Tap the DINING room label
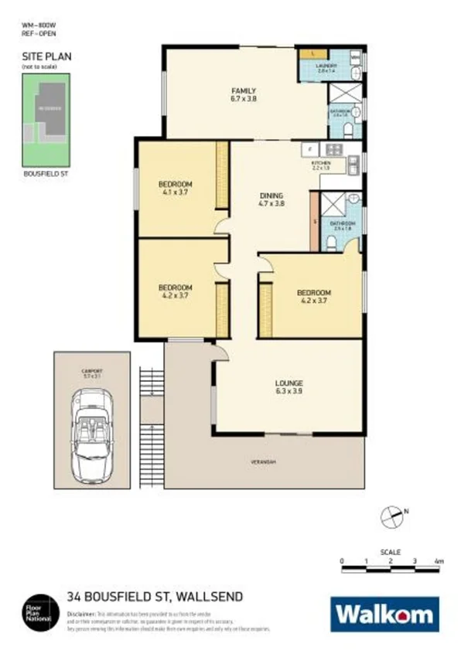pyautogui.click(x=271, y=196)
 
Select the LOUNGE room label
pyautogui.click(x=289, y=383)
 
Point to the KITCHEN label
pyautogui.click(x=320, y=164)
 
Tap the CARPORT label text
pyautogui.click(x=92, y=372)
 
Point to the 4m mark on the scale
pyautogui.click(x=439, y=560)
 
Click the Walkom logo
pyautogui.click(x=385, y=615)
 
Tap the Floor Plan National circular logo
pyautogui.click(x=37, y=608)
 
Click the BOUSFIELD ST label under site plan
pyautogui.click(x=47, y=175)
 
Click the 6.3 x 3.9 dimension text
pyautogui.click(x=289, y=392)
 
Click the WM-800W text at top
pyautogui.click(x=39, y=26)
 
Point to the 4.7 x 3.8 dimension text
pyautogui.click(x=271, y=204)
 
